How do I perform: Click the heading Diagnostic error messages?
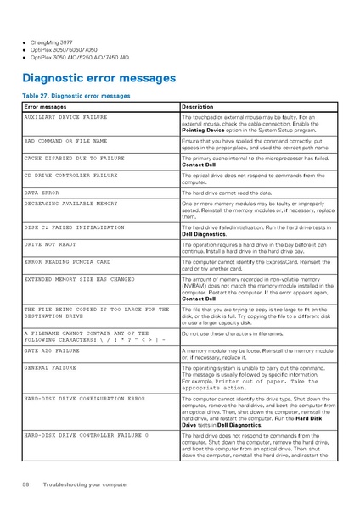point(99,79)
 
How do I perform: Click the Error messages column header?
point(45,107)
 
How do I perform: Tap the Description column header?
point(198,107)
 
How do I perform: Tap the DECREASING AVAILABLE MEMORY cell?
point(71,204)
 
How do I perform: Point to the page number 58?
point(26,484)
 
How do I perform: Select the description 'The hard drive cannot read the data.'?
point(227,193)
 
